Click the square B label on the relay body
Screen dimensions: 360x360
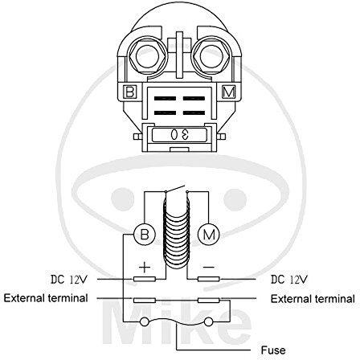click(x=130, y=92)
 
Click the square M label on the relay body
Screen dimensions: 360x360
click(x=228, y=92)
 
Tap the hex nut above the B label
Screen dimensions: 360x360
click(x=147, y=56)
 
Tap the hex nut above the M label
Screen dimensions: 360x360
click(x=211, y=56)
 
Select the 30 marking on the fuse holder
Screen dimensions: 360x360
click(x=179, y=135)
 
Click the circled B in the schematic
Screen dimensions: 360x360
click(x=145, y=235)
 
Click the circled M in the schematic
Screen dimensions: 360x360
click(x=209, y=235)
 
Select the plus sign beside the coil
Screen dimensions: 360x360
click(x=145, y=268)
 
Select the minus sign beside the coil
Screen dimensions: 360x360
click(x=209, y=267)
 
